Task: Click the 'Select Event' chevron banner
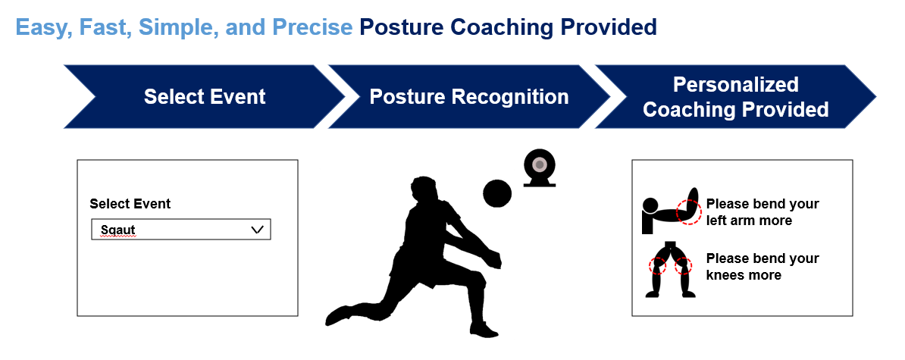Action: (205, 97)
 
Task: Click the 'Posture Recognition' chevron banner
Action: (468, 97)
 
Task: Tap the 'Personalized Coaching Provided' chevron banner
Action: (735, 97)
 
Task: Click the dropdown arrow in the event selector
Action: (256, 230)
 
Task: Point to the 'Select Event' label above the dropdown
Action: (130, 204)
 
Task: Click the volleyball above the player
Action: (497, 193)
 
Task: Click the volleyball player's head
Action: (421, 189)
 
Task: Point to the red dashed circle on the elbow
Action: (688, 212)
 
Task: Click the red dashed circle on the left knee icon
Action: (657, 266)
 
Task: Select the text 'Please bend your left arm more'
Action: (762, 212)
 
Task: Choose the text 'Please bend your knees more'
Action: (762, 267)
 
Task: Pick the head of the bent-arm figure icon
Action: (650, 205)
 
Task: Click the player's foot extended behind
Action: (339, 314)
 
